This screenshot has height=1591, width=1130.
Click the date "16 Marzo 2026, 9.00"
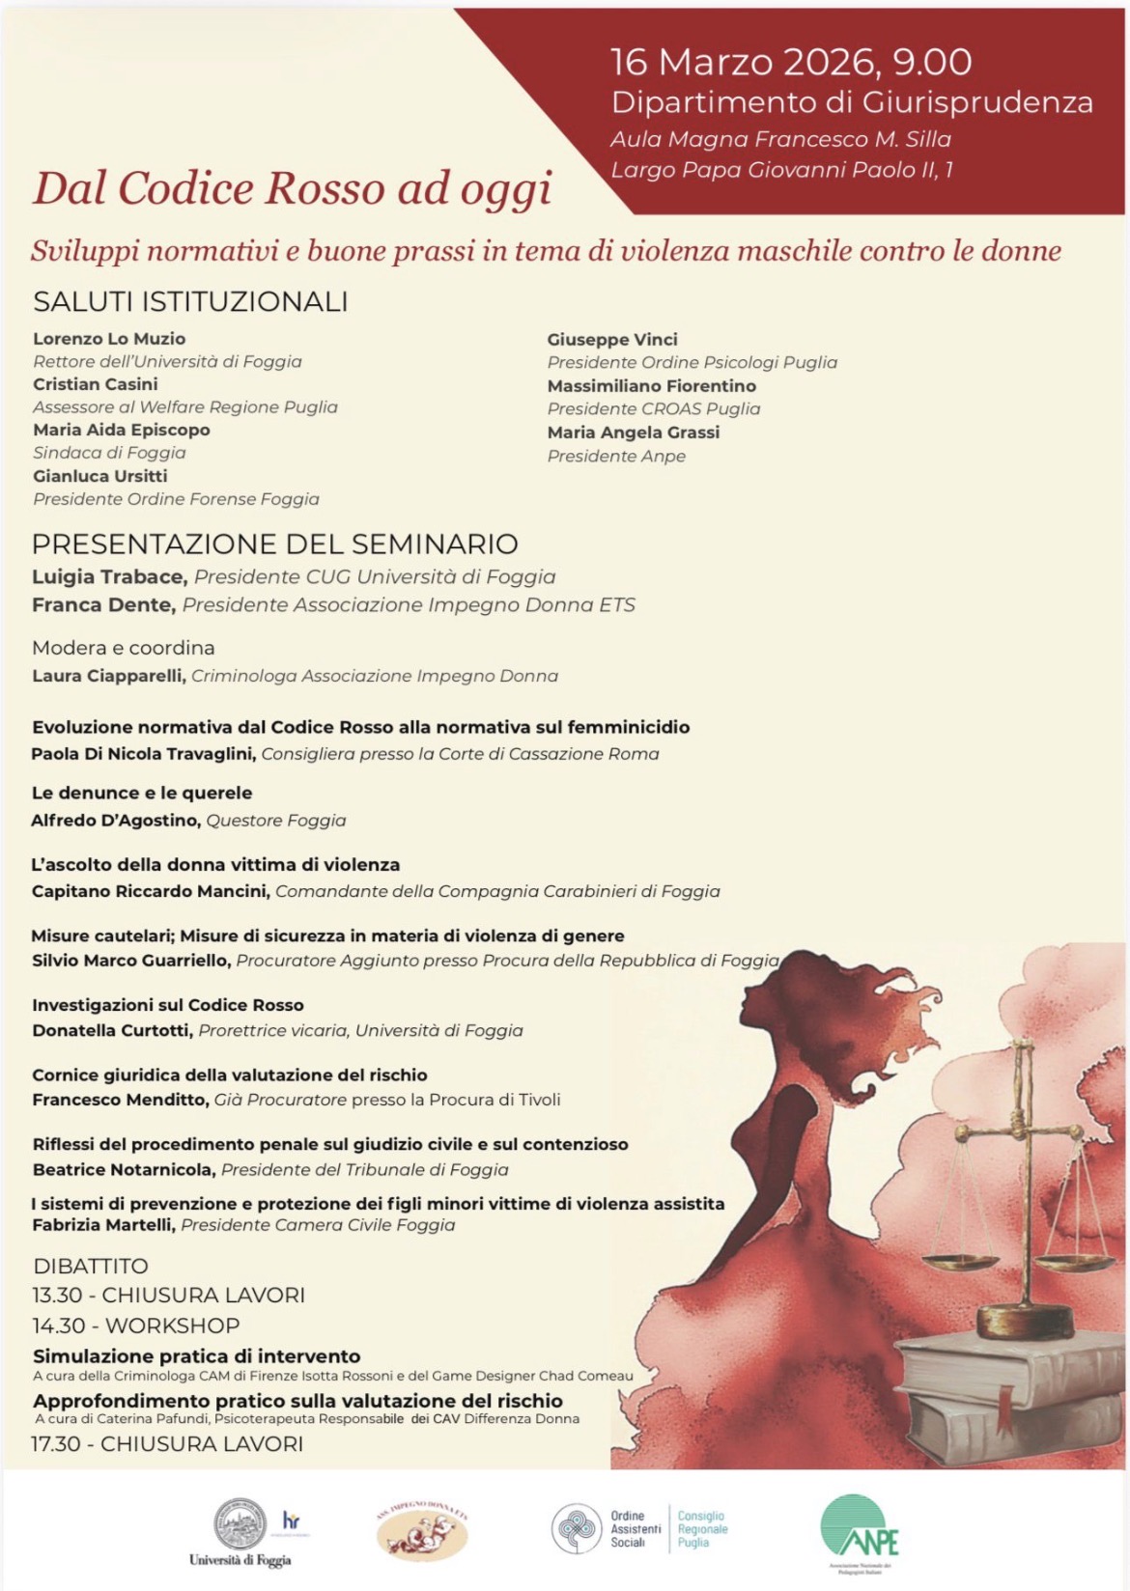tap(791, 63)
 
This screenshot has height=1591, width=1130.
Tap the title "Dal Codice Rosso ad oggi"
tap(292, 189)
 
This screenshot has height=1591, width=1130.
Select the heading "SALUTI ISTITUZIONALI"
tap(190, 301)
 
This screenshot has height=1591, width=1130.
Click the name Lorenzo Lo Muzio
tap(109, 339)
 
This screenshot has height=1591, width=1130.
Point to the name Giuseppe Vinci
tap(612, 340)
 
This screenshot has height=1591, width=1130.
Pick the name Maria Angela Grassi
tap(633, 433)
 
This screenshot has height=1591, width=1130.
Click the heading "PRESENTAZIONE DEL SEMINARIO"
tap(275, 544)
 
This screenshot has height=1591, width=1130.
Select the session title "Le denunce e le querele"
tap(142, 793)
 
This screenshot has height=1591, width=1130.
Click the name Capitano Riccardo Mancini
tap(150, 891)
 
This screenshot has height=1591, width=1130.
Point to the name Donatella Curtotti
tap(111, 1030)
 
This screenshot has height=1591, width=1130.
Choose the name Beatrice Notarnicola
tap(123, 1169)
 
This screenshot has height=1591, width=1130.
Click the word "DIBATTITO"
tap(91, 1266)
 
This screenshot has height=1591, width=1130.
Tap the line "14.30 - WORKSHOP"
tap(135, 1326)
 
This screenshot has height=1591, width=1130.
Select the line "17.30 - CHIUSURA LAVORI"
tap(167, 1444)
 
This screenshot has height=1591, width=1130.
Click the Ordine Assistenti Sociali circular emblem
tap(577, 1529)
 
